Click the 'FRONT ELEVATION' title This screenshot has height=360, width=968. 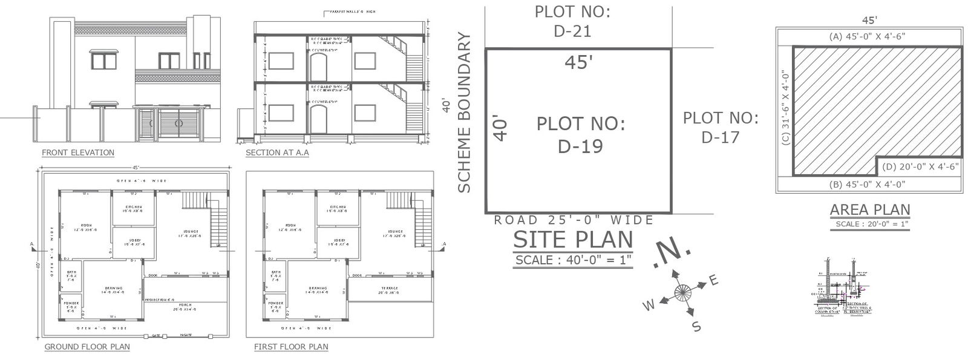pyautogui.click(x=77, y=152)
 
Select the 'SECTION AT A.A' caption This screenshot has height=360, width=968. pyautogui.click(x=277, y=152)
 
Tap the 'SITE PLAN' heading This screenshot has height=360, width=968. pyautogui.click(x=572, y=240)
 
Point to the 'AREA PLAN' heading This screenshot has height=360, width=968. pyautogui.click(x=869, y=210)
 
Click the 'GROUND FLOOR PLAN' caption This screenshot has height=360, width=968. pyautogui.click(x=87, y=347)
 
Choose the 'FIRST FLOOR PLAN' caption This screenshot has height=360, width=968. pyautogui.click(x=291, y=347)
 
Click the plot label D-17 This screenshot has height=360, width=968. pyautogui.click(x=721, y=127)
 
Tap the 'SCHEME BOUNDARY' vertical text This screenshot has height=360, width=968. pyautogui.click(x=464, y=113)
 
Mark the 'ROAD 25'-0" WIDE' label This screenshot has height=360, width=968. pyautogui.click(x=574, y=220)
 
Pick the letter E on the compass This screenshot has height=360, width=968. pyautogui.click(x=713, y=280)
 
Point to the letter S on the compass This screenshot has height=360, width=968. pyautogui.click(x=696, y=327)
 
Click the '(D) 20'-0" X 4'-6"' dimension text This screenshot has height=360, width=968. pyautogui.click(x=920, y=167)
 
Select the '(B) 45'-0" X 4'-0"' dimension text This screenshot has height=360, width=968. pyautogui.click(x=869, y=184)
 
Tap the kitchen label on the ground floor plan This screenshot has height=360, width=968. pyautogui.click(x=133, y=209)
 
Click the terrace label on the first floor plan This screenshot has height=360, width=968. pyautogui.click(x=389, y=290)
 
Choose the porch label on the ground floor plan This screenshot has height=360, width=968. pyautogui.click(x=185, y=306)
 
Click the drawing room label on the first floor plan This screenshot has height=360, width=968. pyautogui.click(x=318, y=290)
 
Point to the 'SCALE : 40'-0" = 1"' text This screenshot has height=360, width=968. pyautogui.click(x=572, y=260)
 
